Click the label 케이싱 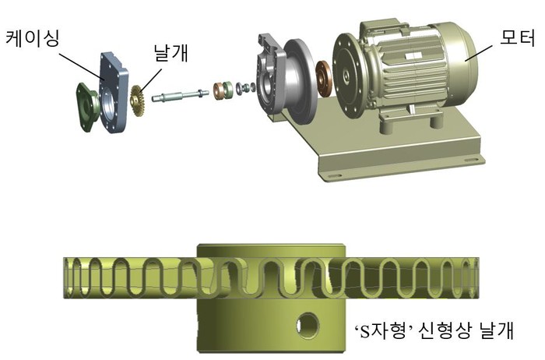point(33,38)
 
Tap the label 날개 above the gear point(171,53)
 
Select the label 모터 point(517,37)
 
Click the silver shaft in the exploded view point(180,96)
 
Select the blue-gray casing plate point(113,92)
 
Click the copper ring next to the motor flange point(325,79)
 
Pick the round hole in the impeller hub point(308,325)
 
